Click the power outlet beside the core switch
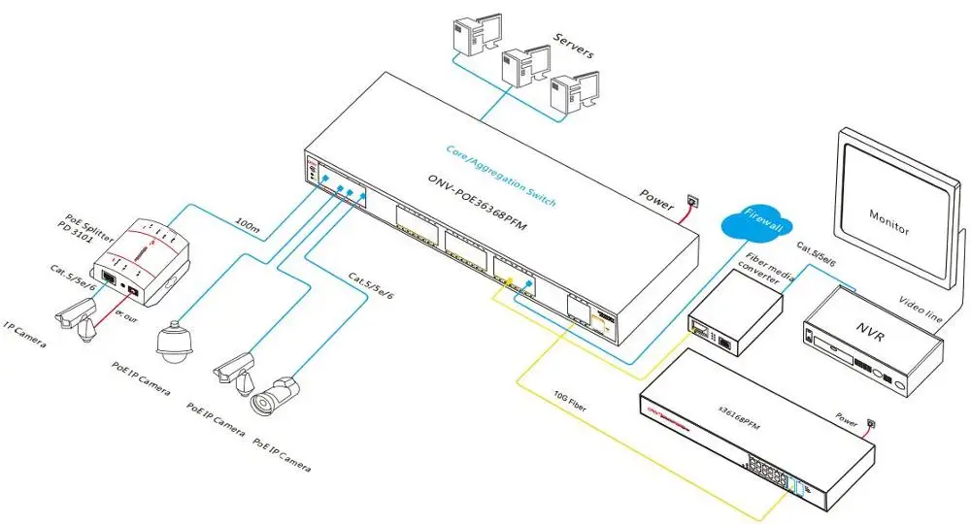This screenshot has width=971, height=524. (691, 200)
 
